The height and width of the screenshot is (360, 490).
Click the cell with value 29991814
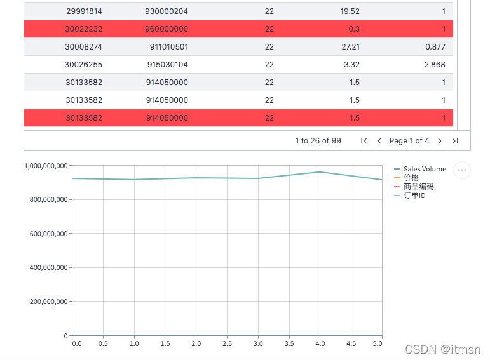pos(84,11)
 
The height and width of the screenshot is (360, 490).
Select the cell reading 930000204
pos(167,11)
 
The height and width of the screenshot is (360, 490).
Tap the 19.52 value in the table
pos(350,11)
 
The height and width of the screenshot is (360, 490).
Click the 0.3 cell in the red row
pos(354,29)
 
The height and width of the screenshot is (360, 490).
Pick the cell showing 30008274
pos(83,47)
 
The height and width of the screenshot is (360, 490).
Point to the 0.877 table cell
pos(435,47)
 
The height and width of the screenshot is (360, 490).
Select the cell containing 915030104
pos(168,65)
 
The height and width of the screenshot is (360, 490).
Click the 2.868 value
pos(435,65)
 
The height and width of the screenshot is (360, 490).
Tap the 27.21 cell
pos(351,47)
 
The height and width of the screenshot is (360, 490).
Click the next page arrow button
pos(440,141)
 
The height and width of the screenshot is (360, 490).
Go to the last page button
pos(455,141)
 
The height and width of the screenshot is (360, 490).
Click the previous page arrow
pos(379,141)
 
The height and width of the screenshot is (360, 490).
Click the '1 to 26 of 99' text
pos(318,141)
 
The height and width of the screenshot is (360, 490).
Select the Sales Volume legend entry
pos(420,169)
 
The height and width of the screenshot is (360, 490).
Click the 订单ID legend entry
pos(410,196)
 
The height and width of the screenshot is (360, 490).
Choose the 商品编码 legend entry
pos(414,187)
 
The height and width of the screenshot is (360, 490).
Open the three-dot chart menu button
pos(462,170)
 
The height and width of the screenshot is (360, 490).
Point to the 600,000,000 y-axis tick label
pos(48,234)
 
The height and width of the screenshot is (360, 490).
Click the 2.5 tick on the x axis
pos(227,343)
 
